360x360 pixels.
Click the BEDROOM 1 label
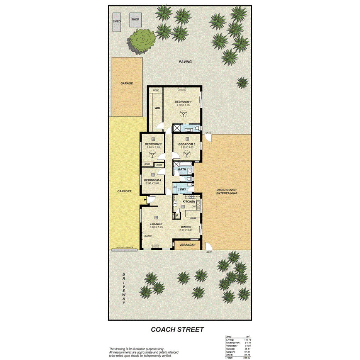[x=183, y=102]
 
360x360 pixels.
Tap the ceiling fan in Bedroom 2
[x=153, y=154]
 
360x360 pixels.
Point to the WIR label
[x=157, y=108]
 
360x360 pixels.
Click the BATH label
[x=182, y=169]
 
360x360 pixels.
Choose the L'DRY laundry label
[x=182, y=189]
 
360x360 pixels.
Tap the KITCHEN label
[x=189, y=202]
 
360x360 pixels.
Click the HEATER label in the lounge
[x=147, y=236]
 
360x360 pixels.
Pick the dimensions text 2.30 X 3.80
[x=186, y=230]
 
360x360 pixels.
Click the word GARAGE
[x=126, y=83]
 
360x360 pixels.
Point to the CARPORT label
[x=125, y=191]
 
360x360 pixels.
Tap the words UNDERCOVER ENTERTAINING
[x=226, y=192]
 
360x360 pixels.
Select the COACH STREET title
[x=177, y=329]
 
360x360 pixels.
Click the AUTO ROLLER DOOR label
[x=124, y=248]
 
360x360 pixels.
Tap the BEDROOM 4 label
[x=152, y=180]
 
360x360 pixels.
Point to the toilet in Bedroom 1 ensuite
[x=197, y=129]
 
